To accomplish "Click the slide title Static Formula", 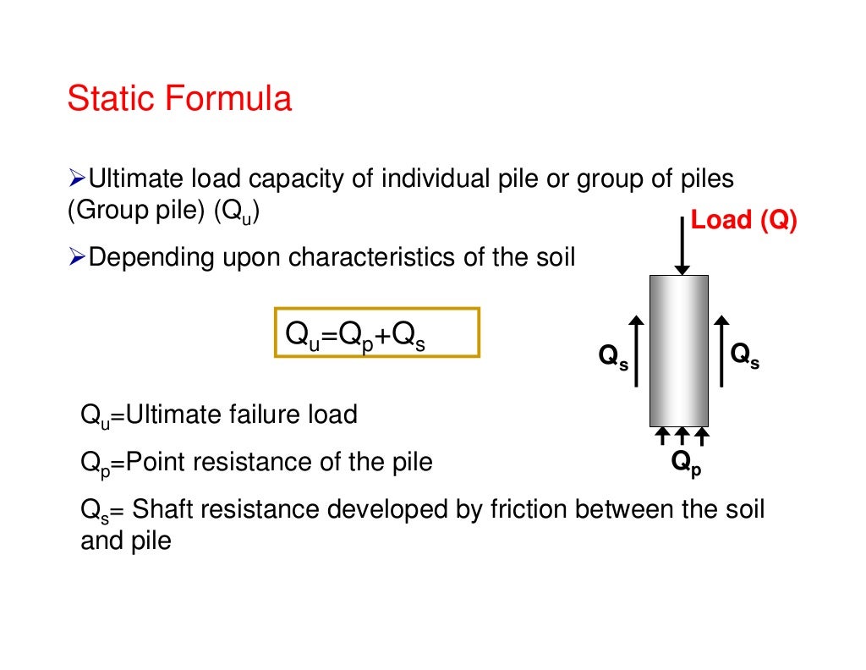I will click(179, 99).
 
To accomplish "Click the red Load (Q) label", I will click(743, 220).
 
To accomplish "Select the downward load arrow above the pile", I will click(681, 245).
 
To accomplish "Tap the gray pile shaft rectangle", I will click(678, 350).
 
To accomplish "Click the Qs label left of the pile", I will click(613, 358).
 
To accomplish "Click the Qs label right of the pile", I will click(744, 355).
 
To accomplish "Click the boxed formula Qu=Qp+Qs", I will click(377, 333).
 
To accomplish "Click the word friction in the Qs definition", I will click(530, 510).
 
